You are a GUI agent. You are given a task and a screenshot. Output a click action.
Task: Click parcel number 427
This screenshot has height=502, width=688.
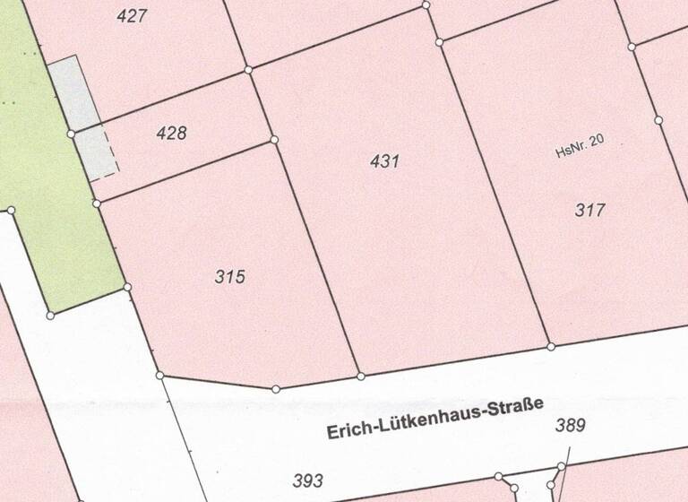click(132, 15)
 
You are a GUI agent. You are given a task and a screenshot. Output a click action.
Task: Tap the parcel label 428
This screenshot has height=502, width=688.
click(171, 134)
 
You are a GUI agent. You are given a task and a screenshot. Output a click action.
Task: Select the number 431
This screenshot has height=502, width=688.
click(383, 161)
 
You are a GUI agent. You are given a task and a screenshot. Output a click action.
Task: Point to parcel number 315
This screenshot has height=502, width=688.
click(230, 277)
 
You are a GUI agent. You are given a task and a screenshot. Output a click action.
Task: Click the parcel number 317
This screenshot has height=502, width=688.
click(590, 211)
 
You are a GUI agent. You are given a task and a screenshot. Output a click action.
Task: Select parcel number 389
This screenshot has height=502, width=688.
click(570, 425)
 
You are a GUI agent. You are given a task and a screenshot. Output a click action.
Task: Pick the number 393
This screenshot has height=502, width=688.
click(307, 481)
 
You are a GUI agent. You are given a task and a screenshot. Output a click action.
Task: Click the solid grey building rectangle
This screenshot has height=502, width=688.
click(74, 92)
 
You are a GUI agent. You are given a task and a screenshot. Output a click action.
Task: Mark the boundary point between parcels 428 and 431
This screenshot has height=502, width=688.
click(274, 140)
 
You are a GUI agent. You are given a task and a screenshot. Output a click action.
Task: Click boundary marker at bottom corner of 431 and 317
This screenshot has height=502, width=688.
click(551, 346)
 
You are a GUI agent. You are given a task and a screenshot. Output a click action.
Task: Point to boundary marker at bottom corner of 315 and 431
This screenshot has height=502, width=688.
click(361, 376)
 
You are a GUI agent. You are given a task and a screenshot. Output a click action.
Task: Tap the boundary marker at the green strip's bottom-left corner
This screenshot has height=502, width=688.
click(50, 315)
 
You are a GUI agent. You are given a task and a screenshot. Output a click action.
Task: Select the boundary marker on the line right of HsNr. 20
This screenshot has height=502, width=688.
click(658, 120)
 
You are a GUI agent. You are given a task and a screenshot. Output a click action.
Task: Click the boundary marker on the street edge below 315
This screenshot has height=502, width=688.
click(276, 389)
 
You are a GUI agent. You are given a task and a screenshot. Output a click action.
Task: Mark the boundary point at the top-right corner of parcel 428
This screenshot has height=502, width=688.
click(248, 69)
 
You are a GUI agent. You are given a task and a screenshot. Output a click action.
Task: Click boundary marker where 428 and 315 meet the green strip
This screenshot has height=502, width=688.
click(97, 204)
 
